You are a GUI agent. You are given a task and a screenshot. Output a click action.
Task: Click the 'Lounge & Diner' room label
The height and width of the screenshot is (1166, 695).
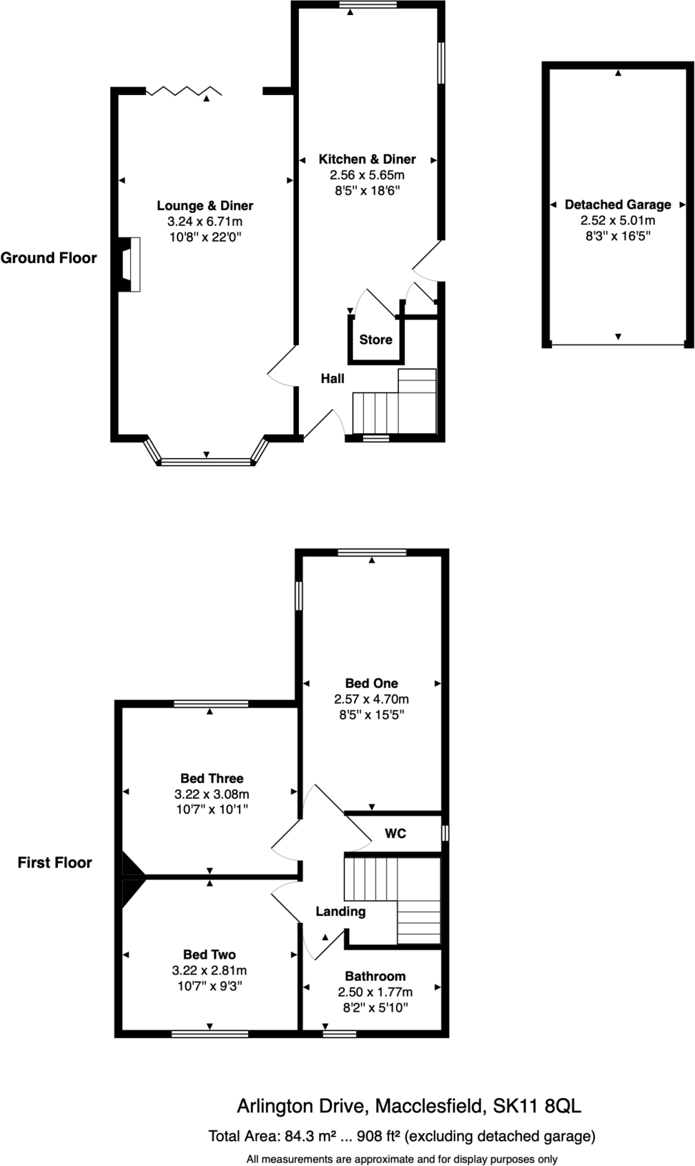click(x=205, y=206)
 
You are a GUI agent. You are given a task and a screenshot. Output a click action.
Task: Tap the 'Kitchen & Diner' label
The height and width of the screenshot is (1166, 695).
click(x=367, y=159)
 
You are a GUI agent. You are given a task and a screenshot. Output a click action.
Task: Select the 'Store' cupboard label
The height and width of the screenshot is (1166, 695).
click(x=375, y=340)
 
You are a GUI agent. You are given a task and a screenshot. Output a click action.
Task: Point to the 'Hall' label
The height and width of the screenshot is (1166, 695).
click(x=332, y=379)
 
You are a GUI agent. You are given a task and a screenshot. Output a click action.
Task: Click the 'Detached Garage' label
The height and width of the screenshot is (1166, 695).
click(x=618, y=205)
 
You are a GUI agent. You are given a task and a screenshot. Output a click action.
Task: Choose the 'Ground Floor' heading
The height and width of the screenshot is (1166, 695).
click(x=49, y=258)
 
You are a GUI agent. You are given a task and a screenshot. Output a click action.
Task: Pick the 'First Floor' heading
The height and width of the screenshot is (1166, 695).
click(x=55, y=863)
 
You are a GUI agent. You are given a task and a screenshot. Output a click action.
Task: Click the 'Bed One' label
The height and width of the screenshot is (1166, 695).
click(x=371, y=683)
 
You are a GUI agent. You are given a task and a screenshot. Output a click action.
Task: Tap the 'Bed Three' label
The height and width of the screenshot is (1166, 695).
click(x=212, y=779)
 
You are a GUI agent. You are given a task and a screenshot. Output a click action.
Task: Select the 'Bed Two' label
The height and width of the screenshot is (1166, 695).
click(x=209, y=954)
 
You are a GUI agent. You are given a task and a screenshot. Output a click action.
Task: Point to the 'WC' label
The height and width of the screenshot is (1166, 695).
click(x=395, y=834)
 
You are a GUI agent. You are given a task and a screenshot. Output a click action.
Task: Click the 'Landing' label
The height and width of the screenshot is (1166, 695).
click(x=340, y=911)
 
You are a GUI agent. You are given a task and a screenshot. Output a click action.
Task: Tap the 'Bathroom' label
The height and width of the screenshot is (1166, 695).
click(x=375, y=977)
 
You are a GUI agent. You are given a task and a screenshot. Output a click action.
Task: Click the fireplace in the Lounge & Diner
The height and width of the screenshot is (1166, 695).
click(x=129, y=265)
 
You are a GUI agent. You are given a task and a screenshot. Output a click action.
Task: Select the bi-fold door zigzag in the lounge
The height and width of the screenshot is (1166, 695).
click(x=183, y=91)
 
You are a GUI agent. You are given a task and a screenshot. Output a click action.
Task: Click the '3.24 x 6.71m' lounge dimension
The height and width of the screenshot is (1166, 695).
click(x=205, y=222)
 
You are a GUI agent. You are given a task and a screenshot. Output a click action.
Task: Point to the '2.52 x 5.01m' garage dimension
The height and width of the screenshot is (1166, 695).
click(x=618, y=221)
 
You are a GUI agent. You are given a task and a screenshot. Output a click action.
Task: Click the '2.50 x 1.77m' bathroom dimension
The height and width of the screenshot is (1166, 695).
click(x=375, y=992)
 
